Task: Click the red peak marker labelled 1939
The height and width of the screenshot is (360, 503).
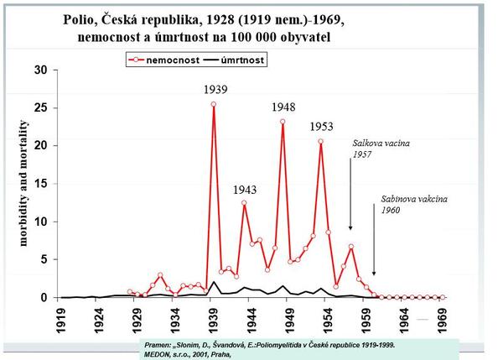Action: click(x=214, y=104)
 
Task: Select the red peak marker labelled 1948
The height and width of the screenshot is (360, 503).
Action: click(x=283, y=122)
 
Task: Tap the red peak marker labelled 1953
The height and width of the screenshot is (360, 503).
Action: click(x=321, y=142)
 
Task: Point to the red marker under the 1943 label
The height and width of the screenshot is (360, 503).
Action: click(x=244, y=202)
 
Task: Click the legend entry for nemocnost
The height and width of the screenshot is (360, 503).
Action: click(x=165, y=60)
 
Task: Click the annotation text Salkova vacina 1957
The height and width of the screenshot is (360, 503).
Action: click(x=375, y=149)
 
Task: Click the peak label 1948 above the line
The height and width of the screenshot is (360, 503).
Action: click(x=283, y=107)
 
